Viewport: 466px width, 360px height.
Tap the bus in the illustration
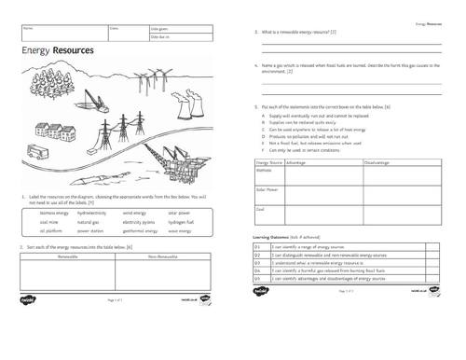click(x=39, y=150)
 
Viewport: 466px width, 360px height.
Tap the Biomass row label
click(x=263, y=170)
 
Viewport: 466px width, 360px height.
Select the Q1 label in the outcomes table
click(x=256, y=247)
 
